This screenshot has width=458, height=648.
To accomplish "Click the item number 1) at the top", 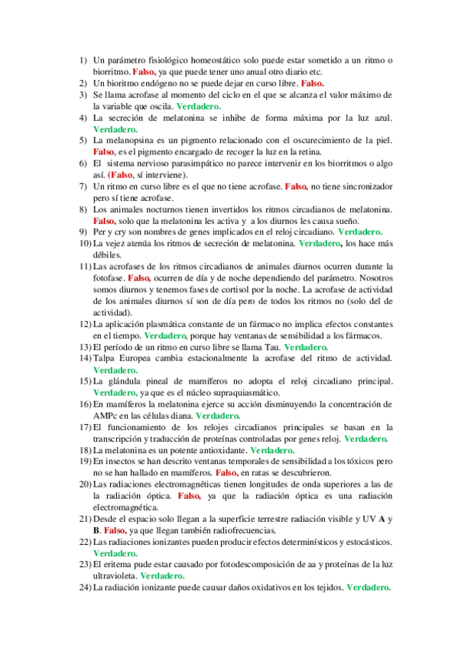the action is coord(84,60).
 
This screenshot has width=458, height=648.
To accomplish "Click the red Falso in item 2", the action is coord(313,83).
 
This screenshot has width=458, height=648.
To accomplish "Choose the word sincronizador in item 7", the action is coord(363,186).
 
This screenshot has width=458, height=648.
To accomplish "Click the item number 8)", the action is coord(84,209).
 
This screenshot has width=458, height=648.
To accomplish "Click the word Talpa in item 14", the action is coord(106,358).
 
